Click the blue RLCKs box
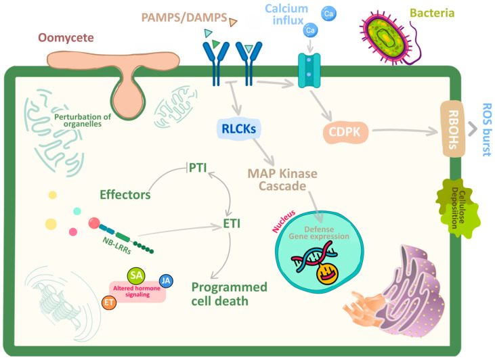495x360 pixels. pos(238,129)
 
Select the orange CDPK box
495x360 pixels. pos(345,132)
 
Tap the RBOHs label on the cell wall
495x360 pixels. pos(453,129)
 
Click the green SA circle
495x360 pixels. pos(136,275)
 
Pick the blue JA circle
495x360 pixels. pos(166,281)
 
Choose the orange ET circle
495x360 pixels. pos(109,302)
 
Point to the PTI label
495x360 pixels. pos(198,168)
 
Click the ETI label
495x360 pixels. pos(232,224)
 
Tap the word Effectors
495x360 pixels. pos(125,195)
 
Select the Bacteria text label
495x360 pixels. pos(432,13)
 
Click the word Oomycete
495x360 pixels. pos(66,37)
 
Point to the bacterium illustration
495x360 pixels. pos(388,39)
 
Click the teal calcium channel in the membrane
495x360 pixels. pos(309,70)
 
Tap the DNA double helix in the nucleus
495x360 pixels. pos(314,256)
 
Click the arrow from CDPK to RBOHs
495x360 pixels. pos(406,131)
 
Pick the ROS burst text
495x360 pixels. pos(487,130)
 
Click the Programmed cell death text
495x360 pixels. pos(230,294)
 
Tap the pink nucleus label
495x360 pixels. pos(284,221)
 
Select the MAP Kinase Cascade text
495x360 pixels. pos(282,179)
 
